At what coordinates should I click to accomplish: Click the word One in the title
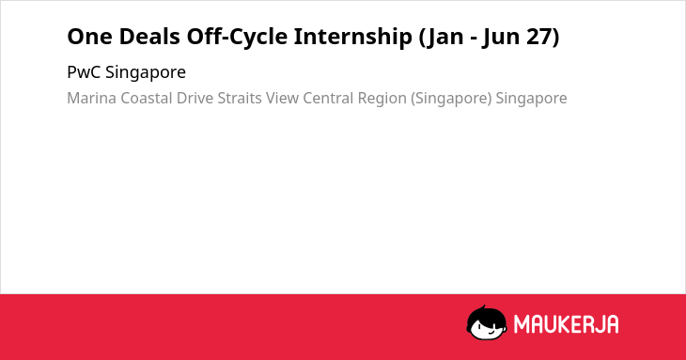pyautogui.click(x=89, y=37)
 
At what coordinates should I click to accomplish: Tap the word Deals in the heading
pyautogui.click(x=148, y=37)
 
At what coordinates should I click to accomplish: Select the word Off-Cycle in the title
pyautogui.click(x=236, y=38)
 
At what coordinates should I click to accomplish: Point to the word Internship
pyautogui.click(x=352, y=38)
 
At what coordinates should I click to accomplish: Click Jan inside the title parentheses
pyautogui.click(x=443, y=38)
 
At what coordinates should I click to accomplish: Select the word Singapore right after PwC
pyautogui.click(x=146, y=73)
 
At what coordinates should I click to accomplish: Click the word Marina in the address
pyautogui.click(x=91, y=98)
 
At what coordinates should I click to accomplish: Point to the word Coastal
pyautogui.click(x=146, y=98)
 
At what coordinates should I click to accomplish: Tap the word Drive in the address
pyautogui.click(x=195, y=98)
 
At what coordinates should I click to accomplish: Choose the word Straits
pyautogui.click(x=240, y=98)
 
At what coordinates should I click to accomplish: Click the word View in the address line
pyautogui.click(x=282, y=98)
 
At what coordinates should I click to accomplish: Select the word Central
pyautogui.click(x=328, y=98)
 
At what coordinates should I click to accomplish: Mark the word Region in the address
pyautogui.click(x=382, y=99)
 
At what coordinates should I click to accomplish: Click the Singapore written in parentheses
pyautogui.click(x=451, y=99)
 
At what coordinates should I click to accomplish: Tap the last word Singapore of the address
pyautogui.click(x=531, y=99)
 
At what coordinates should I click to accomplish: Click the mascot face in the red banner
pyautogui.click(x=487, y=322)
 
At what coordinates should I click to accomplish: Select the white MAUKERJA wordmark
pyautogui.click(x=566, y=324)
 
